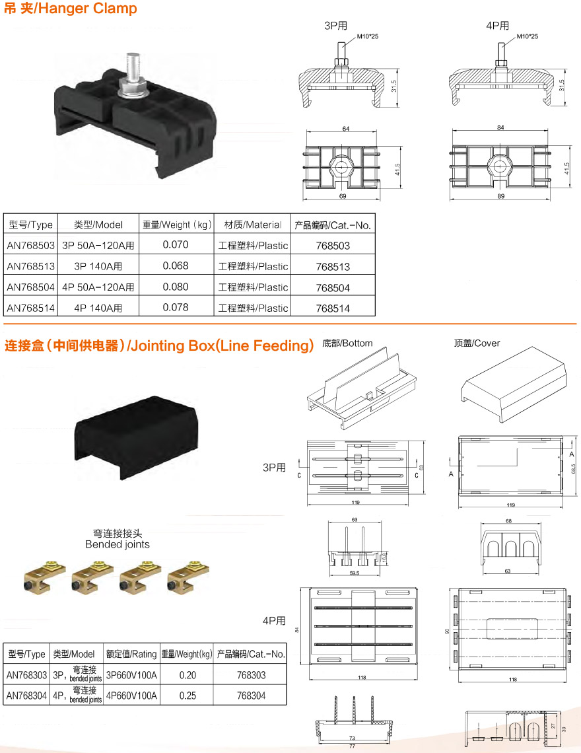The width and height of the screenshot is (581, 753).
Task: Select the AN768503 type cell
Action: click(30, 245)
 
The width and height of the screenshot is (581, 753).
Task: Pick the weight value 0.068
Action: click(176, 266)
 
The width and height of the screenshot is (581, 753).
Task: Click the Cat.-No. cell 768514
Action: click(333, 308)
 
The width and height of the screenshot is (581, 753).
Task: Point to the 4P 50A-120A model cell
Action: click(98, 287)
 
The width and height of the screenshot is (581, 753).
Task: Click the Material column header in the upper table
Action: click(253, 225)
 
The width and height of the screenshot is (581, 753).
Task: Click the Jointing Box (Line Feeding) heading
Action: click(159, 345)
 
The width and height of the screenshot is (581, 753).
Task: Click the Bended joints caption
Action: click(118, 544)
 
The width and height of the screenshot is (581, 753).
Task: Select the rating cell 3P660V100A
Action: click(131, 675)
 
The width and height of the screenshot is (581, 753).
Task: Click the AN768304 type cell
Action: click(26, 696)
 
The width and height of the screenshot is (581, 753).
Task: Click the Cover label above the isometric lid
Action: click(477, 343)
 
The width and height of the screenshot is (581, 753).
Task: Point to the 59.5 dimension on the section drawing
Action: click(354, 573)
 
